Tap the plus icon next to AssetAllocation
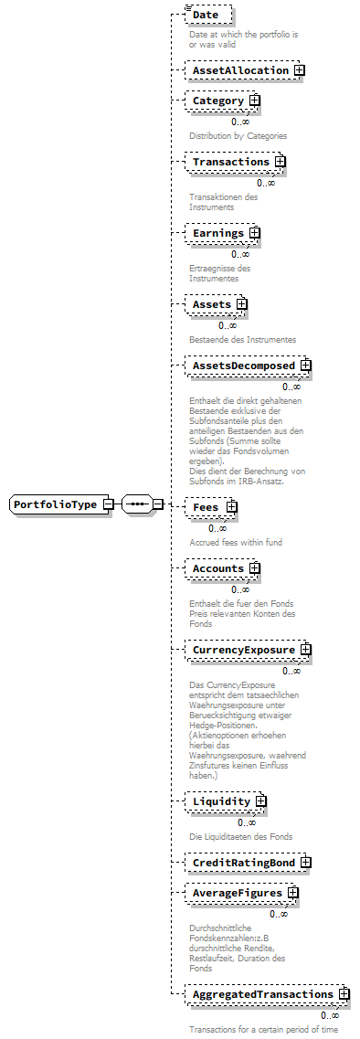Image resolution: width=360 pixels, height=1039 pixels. (x=299, y=70)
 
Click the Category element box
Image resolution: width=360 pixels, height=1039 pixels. (x=217, y=101)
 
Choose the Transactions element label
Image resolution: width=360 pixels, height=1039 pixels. (x=230, y=163)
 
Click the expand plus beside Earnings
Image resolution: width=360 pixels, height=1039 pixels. (x=255, y=233)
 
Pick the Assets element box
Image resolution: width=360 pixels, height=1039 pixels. (x=211, y=304)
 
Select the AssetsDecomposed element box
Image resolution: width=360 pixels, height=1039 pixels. (x=242, y=366)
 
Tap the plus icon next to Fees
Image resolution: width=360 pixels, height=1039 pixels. (x=232, y=506)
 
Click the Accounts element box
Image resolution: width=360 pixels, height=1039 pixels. (x=217, y=568)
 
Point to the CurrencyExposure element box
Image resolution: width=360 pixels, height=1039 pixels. (x=242, y=651)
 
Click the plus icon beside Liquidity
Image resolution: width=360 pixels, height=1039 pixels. (x=261, y=801)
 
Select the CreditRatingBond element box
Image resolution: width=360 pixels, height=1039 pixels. (x=242, y=863)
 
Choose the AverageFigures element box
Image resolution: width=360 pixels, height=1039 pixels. (x=237, y=893)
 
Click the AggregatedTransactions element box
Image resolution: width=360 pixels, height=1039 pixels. (x=262, y=993)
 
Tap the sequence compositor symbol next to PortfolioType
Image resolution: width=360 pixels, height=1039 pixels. (x=137, y=504)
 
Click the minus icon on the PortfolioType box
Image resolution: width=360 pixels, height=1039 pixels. (x=108, y=504)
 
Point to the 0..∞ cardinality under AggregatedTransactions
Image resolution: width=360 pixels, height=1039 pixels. (x=329, y=1014)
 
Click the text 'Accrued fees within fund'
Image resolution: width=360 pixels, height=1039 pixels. (x=236, y=542)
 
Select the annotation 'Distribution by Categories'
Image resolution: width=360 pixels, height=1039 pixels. (x=238, y=135)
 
